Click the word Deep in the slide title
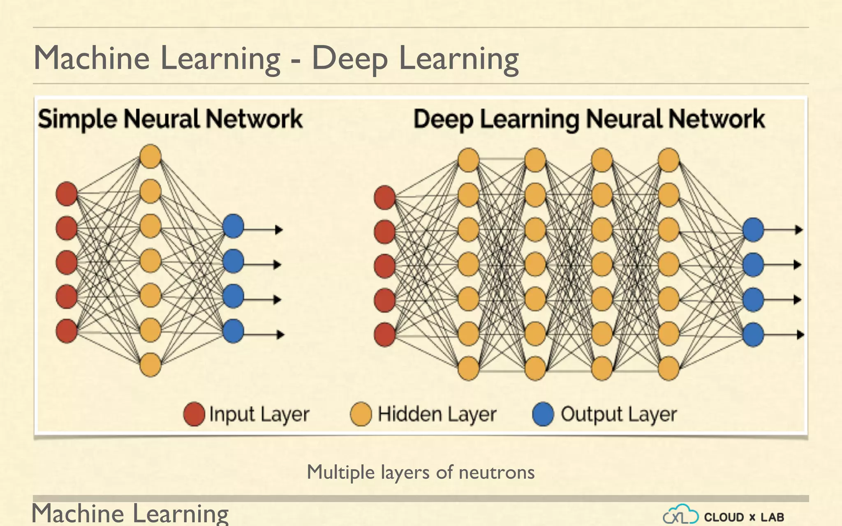click(x=349, y=59)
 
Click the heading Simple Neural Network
click(x=170, y=119)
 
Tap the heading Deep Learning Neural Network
click(x=589, y=119)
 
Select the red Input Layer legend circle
click(x=194, y=414)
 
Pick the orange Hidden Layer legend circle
click(x=361, y=414)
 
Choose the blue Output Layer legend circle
click(x=543, y=414)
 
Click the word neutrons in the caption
click(x=497, y=472)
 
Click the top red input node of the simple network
click(x=67, y=194)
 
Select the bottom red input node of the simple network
click(x=67, y=331)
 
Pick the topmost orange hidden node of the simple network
click(x=150, y=156)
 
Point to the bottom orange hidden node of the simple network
click(x=150, y=365)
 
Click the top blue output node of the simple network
click(x=233, y=226)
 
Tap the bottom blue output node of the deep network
click(x=753, y=335)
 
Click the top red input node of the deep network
click(x=385, y=197)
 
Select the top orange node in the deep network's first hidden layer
click(x=469, y=160)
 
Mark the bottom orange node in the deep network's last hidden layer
click(x=669, y=368)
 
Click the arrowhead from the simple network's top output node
click(x=279, y=229)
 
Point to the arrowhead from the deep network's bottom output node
click(x=800, y=335)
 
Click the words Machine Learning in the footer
click(x=130, y=514)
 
